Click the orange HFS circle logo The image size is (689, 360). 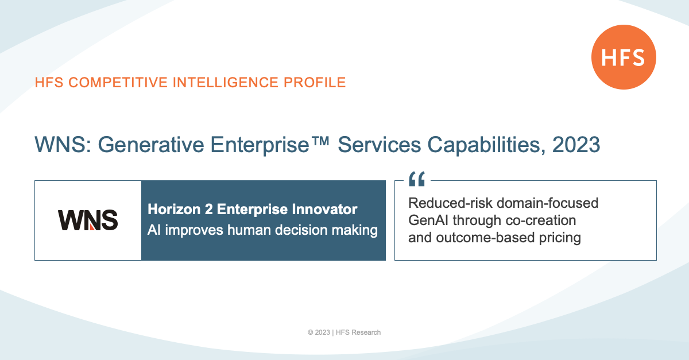pos(624,57)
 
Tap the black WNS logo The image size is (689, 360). pos(88,220)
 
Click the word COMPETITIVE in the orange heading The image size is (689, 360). pos(118,83)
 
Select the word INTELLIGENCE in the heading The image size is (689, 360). pos(225,83)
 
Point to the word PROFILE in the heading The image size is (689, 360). pos(315,83)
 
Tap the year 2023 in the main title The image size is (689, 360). pos(576,145)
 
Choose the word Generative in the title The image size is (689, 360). pos(150,145)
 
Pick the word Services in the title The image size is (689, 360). pos(380,145)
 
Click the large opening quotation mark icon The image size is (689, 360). pos(417,179)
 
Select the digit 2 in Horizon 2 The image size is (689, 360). pos(208,209)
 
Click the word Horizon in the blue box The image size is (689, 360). pos(174,209)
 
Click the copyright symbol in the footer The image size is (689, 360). pos(311,332)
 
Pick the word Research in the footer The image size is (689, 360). pos(366,332)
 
